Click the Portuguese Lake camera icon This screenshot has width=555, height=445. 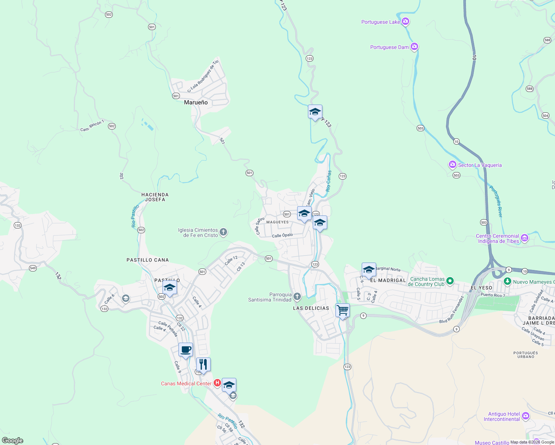[x=405, y=22]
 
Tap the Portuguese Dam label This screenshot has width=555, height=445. [x=389, y=47]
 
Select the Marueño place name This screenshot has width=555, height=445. [x=196, y=102]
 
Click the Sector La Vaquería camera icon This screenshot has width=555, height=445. [x=452, y=164]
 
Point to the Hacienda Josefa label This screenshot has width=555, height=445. [x=155, y=197]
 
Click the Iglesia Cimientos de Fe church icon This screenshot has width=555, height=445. [x=223, y=233]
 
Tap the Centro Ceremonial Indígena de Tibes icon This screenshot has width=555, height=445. [x=524, y=238]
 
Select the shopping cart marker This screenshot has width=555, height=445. [x=342, y=310]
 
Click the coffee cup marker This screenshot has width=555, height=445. [x=185, y=350]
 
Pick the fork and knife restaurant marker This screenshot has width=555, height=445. [x=203, y=365]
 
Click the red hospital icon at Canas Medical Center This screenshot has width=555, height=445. [x=217, y=383]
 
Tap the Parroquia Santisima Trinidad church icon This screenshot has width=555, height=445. [x=297, y=297]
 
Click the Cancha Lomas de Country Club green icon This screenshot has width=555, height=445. [x=450, y=281]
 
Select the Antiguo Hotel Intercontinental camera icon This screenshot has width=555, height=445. [x=525, y=416]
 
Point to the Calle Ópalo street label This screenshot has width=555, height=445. [x=282, y=235]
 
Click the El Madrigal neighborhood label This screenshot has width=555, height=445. [x=388, y=280]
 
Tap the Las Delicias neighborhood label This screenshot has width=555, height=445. [x=311, y=308]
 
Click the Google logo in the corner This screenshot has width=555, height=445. [x=13, y=441]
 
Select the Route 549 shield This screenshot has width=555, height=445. [x=33, y=268]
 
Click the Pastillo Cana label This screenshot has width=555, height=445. [x=148, y=260]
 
